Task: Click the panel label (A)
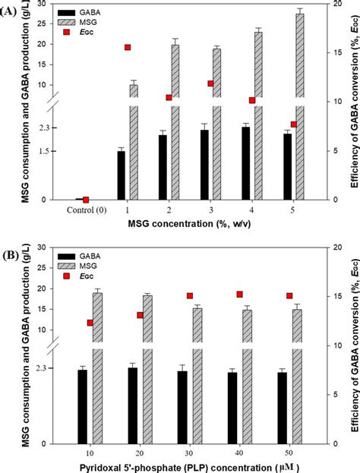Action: pyautogui.click(x=10, y=10)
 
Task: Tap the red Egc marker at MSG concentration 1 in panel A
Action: pyautogui.click(x=128, y=48)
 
